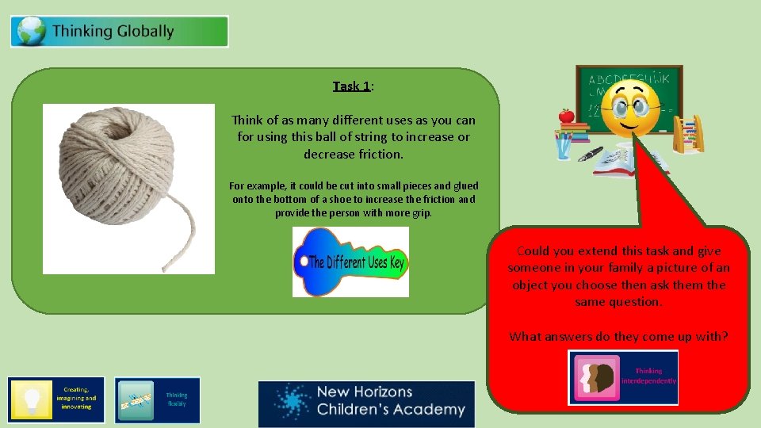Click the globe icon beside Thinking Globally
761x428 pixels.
pyautogui.click(x=30, y=32)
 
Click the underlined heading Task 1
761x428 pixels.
pyautogui.click(x=352, y=86)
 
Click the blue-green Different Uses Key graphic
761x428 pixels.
pyautogui.click(x=350, y=262)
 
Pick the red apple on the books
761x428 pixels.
pyautogui.click(x=566, y=116)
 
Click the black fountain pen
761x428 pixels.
pyautogui.click(x=591, y=153)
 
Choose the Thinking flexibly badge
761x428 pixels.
pyautogui.click(x=157, y=400)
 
